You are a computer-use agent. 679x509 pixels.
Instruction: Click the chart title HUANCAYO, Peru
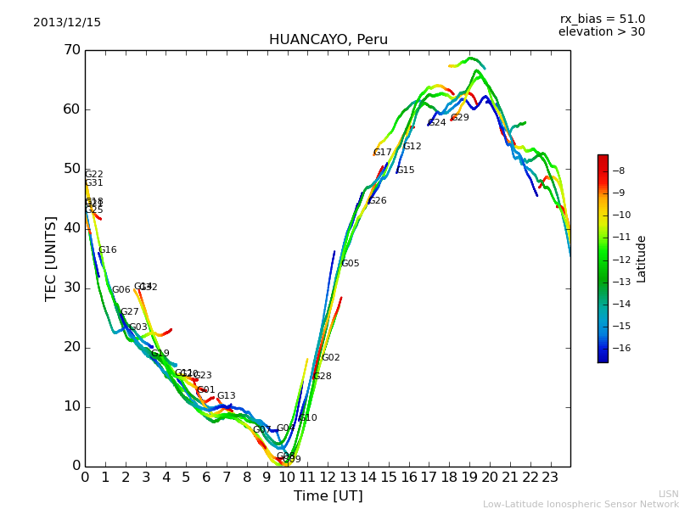pos(328,40)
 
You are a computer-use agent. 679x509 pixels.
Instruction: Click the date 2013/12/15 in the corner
pos(67,23)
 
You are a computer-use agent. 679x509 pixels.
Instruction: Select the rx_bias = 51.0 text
pos(602,20)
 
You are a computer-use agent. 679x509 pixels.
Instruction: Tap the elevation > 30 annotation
pos(601,32)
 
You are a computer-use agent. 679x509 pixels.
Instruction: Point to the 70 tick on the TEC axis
pos(71,50)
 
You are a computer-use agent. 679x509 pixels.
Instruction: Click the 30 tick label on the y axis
pos(71,288)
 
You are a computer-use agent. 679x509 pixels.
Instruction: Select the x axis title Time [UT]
pos(328,496)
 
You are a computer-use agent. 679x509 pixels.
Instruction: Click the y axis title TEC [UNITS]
pos(51,258)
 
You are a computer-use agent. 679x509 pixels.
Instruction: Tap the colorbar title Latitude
pos(642,259)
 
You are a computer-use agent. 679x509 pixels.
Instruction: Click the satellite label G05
pos(350,264)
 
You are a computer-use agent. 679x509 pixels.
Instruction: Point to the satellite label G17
pos(382,153)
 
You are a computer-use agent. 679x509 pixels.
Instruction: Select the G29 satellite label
pos(459,118)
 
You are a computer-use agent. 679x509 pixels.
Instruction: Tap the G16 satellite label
pos(107,250)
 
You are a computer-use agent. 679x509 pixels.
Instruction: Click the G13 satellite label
pos(226,396)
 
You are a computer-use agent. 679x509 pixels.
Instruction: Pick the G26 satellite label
pos(377,201)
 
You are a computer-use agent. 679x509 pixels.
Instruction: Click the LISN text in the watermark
pos(669,494)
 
